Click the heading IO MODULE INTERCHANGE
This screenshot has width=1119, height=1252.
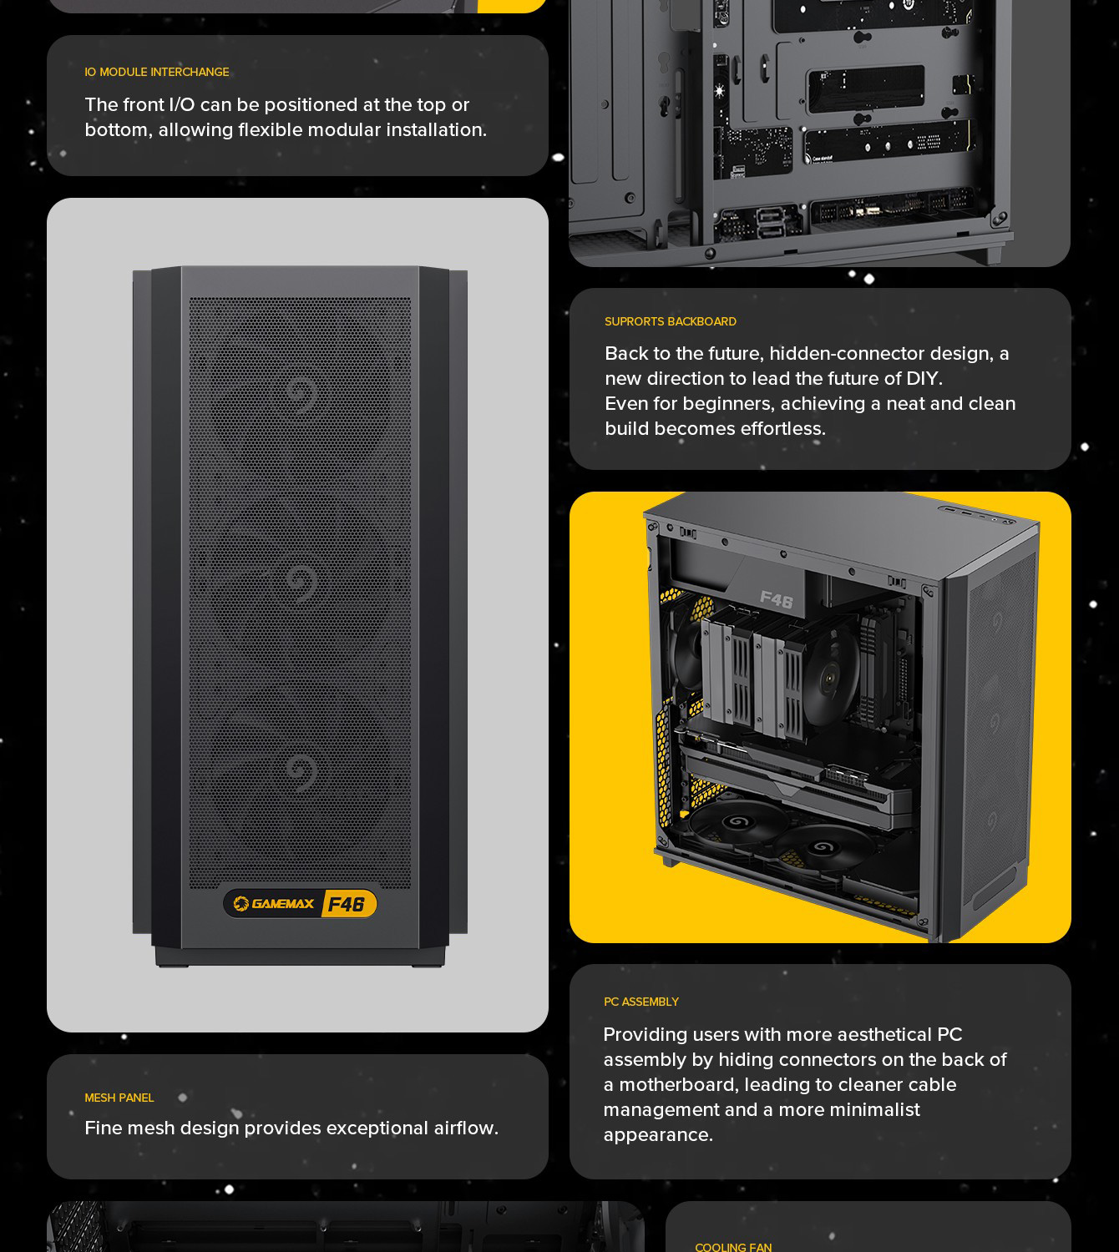[x=156, y=73]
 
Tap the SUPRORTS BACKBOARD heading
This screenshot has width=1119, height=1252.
[x=671, y=321]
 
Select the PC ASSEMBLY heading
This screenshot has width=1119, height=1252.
[x=641, y=1002]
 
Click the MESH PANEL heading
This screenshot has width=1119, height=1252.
[x=119, y=1098]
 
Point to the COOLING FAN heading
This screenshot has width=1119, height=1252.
[x=733, y=1246]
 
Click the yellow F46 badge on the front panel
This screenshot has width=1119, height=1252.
[x=347, y=904]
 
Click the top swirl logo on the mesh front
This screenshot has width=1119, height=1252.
[x=302, y=393]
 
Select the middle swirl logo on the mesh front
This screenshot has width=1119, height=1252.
[x=302, y=583]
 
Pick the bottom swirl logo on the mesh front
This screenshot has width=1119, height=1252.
[x=302, y=772]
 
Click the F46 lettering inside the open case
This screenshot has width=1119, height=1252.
[x=777, y=598]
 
